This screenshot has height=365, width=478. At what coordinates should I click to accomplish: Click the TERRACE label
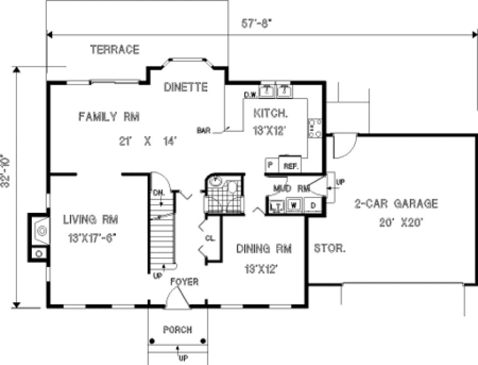click(x=115, y=49)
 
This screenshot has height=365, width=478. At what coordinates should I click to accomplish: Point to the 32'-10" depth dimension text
click(x=7, y=170)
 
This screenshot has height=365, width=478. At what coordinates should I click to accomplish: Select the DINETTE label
click(x=185, y=87)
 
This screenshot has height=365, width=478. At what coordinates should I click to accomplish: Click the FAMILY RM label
click(x=109, y=116)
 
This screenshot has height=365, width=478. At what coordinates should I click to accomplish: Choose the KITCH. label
click(x=270, y=114)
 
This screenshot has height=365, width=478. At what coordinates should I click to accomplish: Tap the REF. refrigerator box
click(x=290, y=164)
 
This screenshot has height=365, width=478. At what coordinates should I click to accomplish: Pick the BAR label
click(x=204, y=131)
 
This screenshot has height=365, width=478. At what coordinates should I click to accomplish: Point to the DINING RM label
click(x=264, y=249)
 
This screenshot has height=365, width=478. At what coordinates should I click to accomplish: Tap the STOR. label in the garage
click(x=329, y=248)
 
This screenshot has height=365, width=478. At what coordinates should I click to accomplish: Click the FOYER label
click(x=184, y=281)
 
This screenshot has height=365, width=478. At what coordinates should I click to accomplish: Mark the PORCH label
click(x=177, y=330)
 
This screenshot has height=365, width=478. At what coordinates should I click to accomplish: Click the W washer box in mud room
click(x=294, y=206)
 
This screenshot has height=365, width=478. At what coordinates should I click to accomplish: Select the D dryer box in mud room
click(x=313, y=206)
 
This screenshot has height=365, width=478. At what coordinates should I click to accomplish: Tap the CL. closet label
click(x=210, y=239)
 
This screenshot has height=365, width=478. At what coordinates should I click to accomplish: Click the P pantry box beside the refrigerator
click(x=271, y=164)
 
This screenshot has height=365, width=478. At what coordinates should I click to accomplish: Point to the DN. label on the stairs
click(x=159, y=193)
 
